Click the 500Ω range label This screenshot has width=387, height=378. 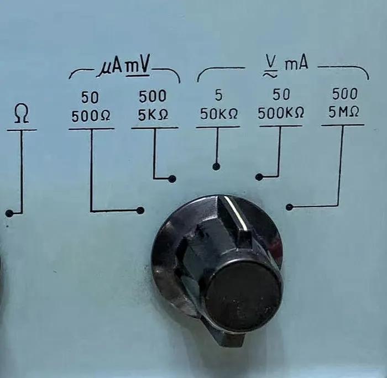click(91, 117)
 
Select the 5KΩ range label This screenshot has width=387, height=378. click(153, 117)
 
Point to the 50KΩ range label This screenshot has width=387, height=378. click(218, 114)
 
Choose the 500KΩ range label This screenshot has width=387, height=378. click(281, 113)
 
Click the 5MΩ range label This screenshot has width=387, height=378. click(343, 112)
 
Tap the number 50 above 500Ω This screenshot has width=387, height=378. click(90, 98)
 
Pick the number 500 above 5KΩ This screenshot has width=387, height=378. click(152, 97)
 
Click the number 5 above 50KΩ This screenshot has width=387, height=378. click(218, 96)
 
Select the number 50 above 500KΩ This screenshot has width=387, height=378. click(281, 95)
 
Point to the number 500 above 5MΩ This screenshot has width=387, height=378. click(343, 93)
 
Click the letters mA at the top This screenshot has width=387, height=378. click(297, 65)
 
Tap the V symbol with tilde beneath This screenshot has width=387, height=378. click(271, 66)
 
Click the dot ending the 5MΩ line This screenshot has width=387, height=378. click(289, 207)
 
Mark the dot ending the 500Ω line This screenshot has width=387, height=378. click(140, 210)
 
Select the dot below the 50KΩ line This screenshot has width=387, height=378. click(216, 166)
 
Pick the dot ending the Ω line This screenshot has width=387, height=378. click(9, 213)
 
